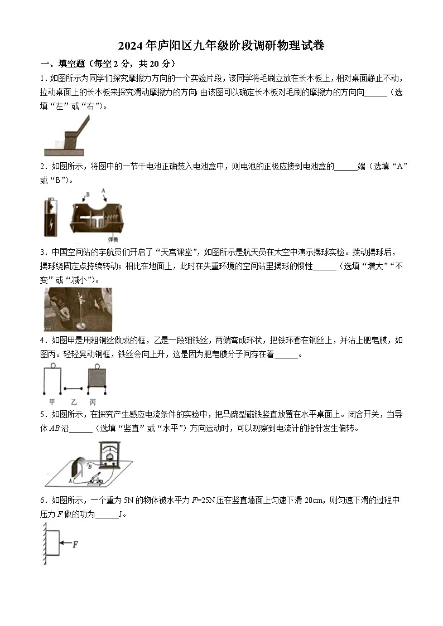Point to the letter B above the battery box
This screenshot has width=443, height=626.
(87, 195)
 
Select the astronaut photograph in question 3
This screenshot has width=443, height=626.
(77, 309)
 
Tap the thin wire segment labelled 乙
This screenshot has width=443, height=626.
(73, 388)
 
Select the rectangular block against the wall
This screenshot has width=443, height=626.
(52, 543)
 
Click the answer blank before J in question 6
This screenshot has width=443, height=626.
(107, 515)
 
